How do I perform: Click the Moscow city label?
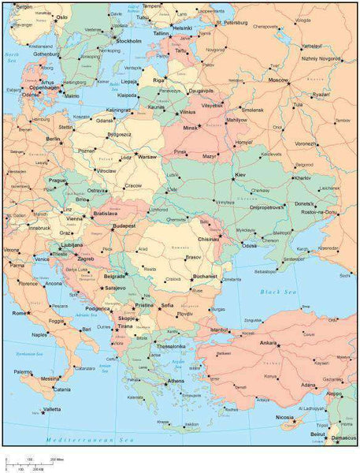point(277,80)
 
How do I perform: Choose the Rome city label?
point(20,313)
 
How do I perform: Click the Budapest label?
point(124,226)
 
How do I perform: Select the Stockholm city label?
point(128,40)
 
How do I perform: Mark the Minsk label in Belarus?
point(190,128)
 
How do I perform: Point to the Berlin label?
point(54,139)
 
